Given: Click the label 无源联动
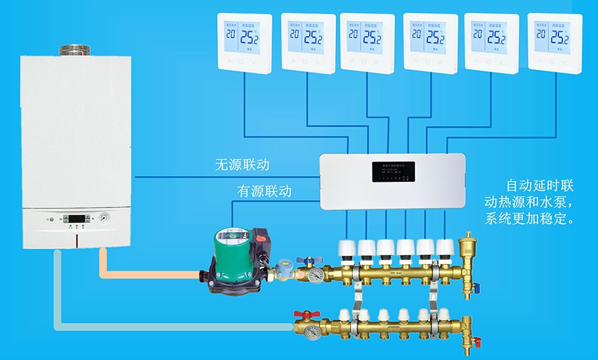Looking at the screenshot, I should [242, 165].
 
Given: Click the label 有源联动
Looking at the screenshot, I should [264, 191].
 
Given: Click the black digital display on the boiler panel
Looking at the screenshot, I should [75, 219].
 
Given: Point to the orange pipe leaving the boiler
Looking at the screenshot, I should [149, 272].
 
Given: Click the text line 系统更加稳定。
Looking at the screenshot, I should [529, 219].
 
